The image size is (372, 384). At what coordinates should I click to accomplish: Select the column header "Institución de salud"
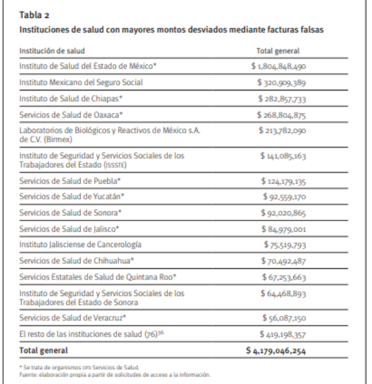click(x=52, y=51)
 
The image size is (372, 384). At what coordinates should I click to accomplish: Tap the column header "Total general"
click(x=277, y=51)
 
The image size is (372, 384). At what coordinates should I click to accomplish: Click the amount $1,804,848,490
click(x=278, y=66)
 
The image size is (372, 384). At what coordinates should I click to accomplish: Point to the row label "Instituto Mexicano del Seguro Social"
click(x=81, y=82)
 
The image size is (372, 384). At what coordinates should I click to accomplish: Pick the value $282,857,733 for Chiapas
click(x=281, y=98)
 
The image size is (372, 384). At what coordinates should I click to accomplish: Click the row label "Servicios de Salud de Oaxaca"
click(x=71, y=115)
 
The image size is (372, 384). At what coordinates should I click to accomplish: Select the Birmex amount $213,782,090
click(x=281, y=131)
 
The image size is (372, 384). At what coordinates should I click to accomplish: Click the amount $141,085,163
click(x=283, y=155)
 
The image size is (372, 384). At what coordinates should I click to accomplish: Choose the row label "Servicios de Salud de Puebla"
click(x=69, y=180)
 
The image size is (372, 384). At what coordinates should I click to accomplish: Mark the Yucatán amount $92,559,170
click(x=285, y=196)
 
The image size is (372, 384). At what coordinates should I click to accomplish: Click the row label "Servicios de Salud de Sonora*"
click(x=69, y=212)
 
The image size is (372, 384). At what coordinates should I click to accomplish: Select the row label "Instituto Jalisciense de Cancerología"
click(x=80, y=245)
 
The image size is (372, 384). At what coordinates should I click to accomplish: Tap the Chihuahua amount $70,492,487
click(x=285, y=261)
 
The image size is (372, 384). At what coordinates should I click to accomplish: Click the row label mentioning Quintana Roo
click(x=98, y=277)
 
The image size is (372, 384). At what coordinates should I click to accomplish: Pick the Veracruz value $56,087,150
click(x=285, y=318)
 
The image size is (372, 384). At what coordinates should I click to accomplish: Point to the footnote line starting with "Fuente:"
click(x=115, y=374)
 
